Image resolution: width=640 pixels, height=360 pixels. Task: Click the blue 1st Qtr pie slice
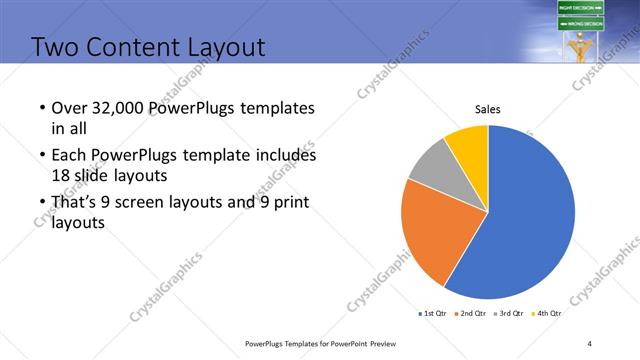(x=530, y=215)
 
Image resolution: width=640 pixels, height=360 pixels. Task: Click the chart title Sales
(x=487, y=109)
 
